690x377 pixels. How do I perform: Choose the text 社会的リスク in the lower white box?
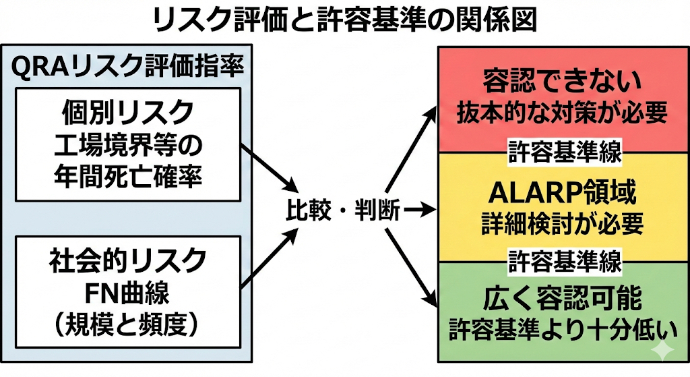click(127, 259)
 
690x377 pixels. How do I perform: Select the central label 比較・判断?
click(341, 212)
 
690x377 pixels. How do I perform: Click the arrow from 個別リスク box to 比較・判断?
click(270, 167)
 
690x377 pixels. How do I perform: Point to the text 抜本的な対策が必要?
click(561, 112)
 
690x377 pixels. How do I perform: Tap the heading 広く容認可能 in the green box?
click(561, 297)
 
